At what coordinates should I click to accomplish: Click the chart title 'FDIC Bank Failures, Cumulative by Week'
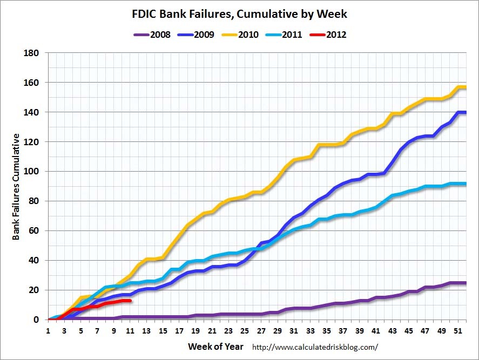239,13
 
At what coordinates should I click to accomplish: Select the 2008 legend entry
152,35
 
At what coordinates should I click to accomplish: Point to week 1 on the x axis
49,330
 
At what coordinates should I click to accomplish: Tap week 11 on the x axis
130,330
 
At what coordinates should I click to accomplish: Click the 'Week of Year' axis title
216,346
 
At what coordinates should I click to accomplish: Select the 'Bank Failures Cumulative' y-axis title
17,187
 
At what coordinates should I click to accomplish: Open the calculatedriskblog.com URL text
315,347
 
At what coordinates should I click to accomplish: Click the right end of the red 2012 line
130,301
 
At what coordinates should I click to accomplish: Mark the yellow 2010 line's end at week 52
465,87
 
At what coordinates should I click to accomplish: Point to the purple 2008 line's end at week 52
465,283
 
